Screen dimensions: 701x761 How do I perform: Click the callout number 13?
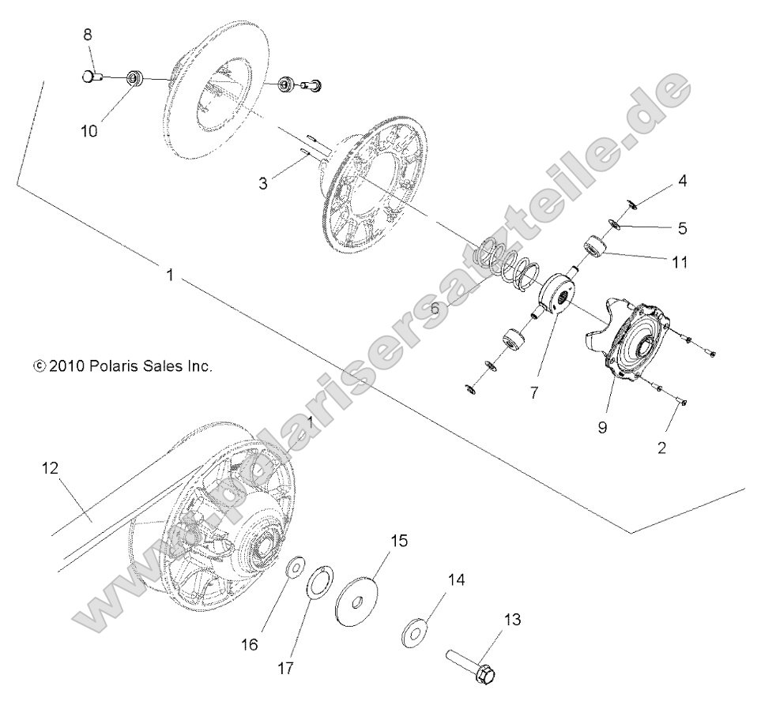tap(512, 620)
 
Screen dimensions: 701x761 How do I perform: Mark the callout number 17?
tap(286, 668)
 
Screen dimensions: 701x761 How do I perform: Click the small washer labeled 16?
tap(296, 567)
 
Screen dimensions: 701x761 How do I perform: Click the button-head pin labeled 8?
tap(92, 77)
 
